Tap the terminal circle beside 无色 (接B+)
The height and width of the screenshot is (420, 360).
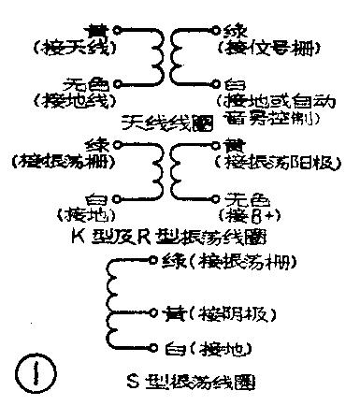click(x=216, y=198)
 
